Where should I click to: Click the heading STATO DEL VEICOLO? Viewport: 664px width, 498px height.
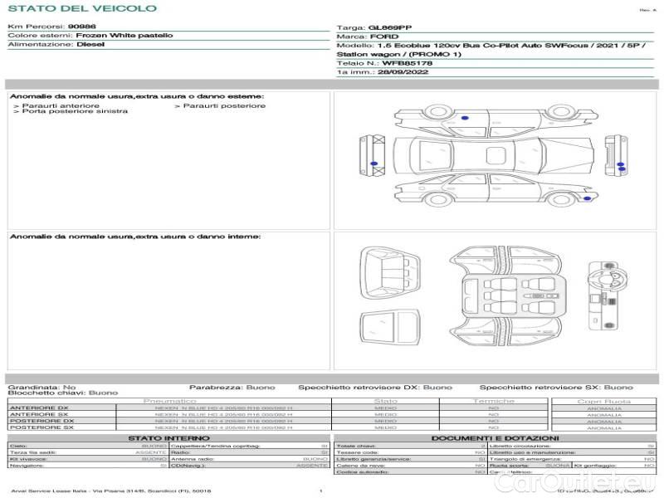point(81,9)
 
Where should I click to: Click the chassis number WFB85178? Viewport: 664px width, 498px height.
point(407,63)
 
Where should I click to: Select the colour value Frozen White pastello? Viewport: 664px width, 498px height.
point(124,37)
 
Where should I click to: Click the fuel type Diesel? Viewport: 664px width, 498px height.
point(90,45)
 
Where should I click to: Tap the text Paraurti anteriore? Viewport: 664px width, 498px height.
point(61,105)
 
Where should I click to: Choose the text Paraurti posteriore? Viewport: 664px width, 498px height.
point(224,105)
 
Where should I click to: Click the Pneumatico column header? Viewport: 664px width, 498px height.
point(169,401)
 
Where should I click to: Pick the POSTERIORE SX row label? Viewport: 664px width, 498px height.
point(41,427)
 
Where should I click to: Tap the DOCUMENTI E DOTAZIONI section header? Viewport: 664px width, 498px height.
point(495,437)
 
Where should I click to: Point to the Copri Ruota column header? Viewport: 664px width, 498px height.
point(603,401)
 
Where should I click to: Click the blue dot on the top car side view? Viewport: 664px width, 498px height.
point(463,120)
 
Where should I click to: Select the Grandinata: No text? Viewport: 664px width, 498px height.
point(41,387)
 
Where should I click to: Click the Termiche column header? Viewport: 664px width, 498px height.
point(494,401)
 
